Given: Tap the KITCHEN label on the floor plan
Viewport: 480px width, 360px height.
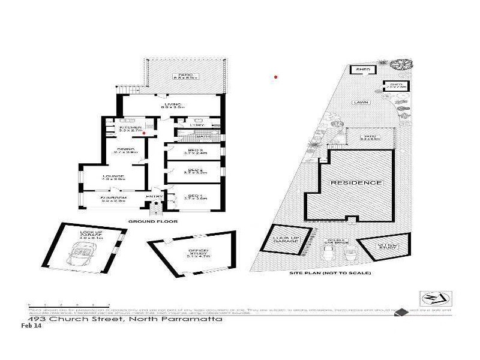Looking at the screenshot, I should click(x=130, y=127).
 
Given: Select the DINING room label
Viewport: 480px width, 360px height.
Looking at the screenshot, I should click(x=125, y=149).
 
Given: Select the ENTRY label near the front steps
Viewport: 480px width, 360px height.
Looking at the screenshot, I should click(x=154, y=196).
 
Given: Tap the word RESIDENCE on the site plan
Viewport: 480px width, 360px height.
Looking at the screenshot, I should click(x=356, y=182).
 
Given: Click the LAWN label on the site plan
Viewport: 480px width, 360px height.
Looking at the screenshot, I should click(x=361, y=103).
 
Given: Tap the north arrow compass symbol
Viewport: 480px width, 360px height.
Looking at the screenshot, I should click(x=436, y=298).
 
